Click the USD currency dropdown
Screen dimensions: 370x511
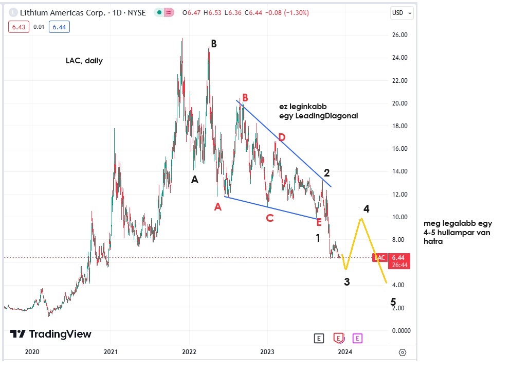click(401, 13)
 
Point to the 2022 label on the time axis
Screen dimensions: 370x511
click(189, 351)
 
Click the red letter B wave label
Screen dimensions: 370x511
click(245, 97)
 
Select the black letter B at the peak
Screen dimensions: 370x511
click(213, 44)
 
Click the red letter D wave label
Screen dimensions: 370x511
click(281, 137)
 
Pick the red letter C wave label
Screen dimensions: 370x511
click(269, 218)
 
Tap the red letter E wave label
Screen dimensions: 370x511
click(319, 222)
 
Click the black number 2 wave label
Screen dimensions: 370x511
click(326, 172)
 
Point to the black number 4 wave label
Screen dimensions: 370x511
click(367, 208)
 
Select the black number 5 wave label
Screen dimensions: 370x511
click(393, 302)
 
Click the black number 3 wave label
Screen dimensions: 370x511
click(347, 281)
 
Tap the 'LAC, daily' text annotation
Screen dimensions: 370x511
click(84, 61)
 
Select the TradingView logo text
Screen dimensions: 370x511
click(60, 334)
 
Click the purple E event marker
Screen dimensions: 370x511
click(358, 338)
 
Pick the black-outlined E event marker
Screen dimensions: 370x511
click(319, 338)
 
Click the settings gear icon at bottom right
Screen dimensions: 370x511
click(402, 352)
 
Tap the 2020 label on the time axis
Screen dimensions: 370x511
click(32, 351)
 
